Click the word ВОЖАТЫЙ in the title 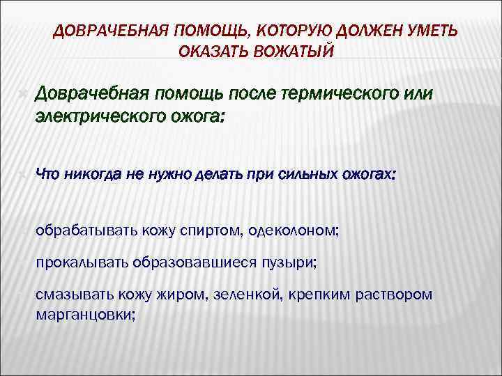click(x=292, y=52)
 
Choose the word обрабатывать click(x=87, y=230)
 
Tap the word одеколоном click(x=296, y=230)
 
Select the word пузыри click(x=287, y=263)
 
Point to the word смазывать click(x=73, y=295)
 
